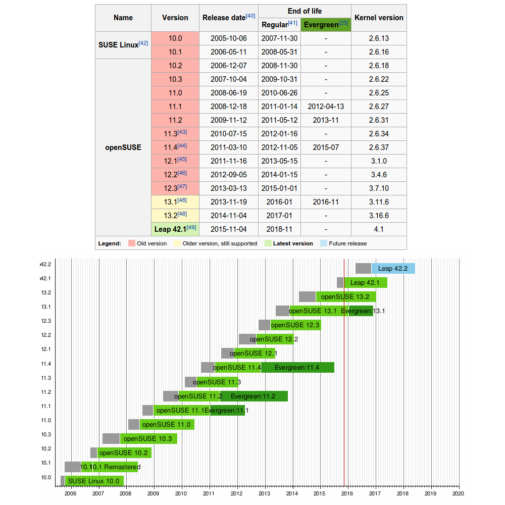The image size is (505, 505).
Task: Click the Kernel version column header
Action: click(379, 18)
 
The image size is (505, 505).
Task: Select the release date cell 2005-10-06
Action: click(229, 38)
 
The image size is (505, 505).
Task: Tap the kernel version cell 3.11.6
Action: click(379, 202)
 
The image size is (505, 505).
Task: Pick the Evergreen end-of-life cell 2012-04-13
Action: click(326, 107)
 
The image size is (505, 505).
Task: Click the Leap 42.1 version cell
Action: click(175, 229)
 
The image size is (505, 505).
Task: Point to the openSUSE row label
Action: click(123, 147)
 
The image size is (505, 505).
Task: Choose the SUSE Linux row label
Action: click(123, 44)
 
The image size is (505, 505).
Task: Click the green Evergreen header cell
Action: click(326, 25)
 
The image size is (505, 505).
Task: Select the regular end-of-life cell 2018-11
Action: click(279, 229)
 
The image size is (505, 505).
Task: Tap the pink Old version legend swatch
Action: click(132, 243)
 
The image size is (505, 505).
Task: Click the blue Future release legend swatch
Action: click(324, 243)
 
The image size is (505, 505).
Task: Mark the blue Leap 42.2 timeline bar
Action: click(393, 269)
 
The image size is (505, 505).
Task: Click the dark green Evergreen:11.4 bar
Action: click(297, 368)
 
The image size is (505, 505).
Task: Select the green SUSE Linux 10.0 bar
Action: click(94, 481)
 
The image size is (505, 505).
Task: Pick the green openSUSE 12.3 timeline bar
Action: click(295, 325)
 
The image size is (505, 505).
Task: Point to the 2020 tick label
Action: click(458, 493)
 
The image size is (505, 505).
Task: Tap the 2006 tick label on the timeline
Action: click(71, 493)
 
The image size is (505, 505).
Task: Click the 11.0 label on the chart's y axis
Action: click(46, 421)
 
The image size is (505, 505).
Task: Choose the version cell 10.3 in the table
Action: click(175, 79)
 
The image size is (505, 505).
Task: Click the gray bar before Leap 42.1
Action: click(340, 283)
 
